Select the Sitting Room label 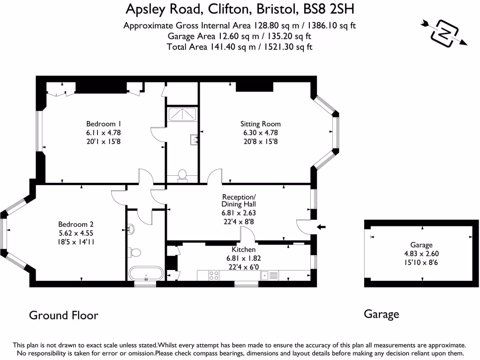[260, 124]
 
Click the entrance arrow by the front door [322, 227]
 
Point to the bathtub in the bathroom [146, 273]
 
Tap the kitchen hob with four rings [214, 276]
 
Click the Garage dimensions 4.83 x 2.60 [421, 253]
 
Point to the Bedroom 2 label [75, 224]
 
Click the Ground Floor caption [64, 315]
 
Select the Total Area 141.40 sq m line [240, 46]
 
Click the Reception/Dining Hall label [239, 200]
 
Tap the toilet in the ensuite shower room [182, 175]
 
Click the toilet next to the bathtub [135, 253]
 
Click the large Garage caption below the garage [381, 314]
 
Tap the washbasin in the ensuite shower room [194, 139]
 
